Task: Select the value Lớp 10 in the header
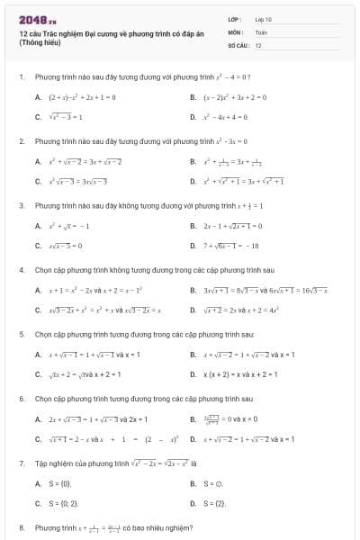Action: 263,19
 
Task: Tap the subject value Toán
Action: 261,31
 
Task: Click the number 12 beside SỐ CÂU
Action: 258,44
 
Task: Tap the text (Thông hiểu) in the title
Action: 37,42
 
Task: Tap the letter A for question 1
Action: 38,96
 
